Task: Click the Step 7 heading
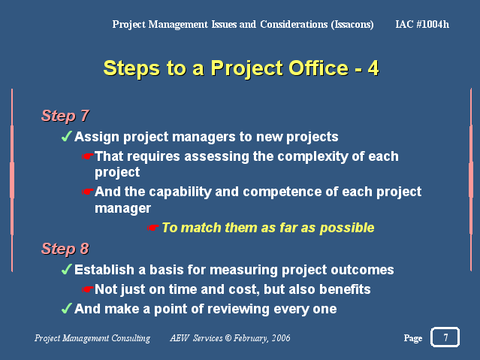[x=65, y=116]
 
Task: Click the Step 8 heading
[x=65, y=249]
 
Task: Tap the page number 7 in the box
[x=445, y=337]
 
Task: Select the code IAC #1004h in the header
[x=422, y=24]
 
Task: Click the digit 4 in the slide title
[x=373, y=68]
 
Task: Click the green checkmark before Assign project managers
[x=67, y=136]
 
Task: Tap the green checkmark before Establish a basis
[x=67, y=269]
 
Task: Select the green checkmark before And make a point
[x=67, y=308]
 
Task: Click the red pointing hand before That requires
[x=88, y=156]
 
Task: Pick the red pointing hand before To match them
[x=152, y=228]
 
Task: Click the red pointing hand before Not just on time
[x=88, y=289]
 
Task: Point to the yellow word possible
[x=347, y=228]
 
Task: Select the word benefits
[x=345, y=289]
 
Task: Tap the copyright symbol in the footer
[x=228, y=338]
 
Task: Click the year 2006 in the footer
[x=281, y=338]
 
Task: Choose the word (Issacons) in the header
[x=352, y=25]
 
